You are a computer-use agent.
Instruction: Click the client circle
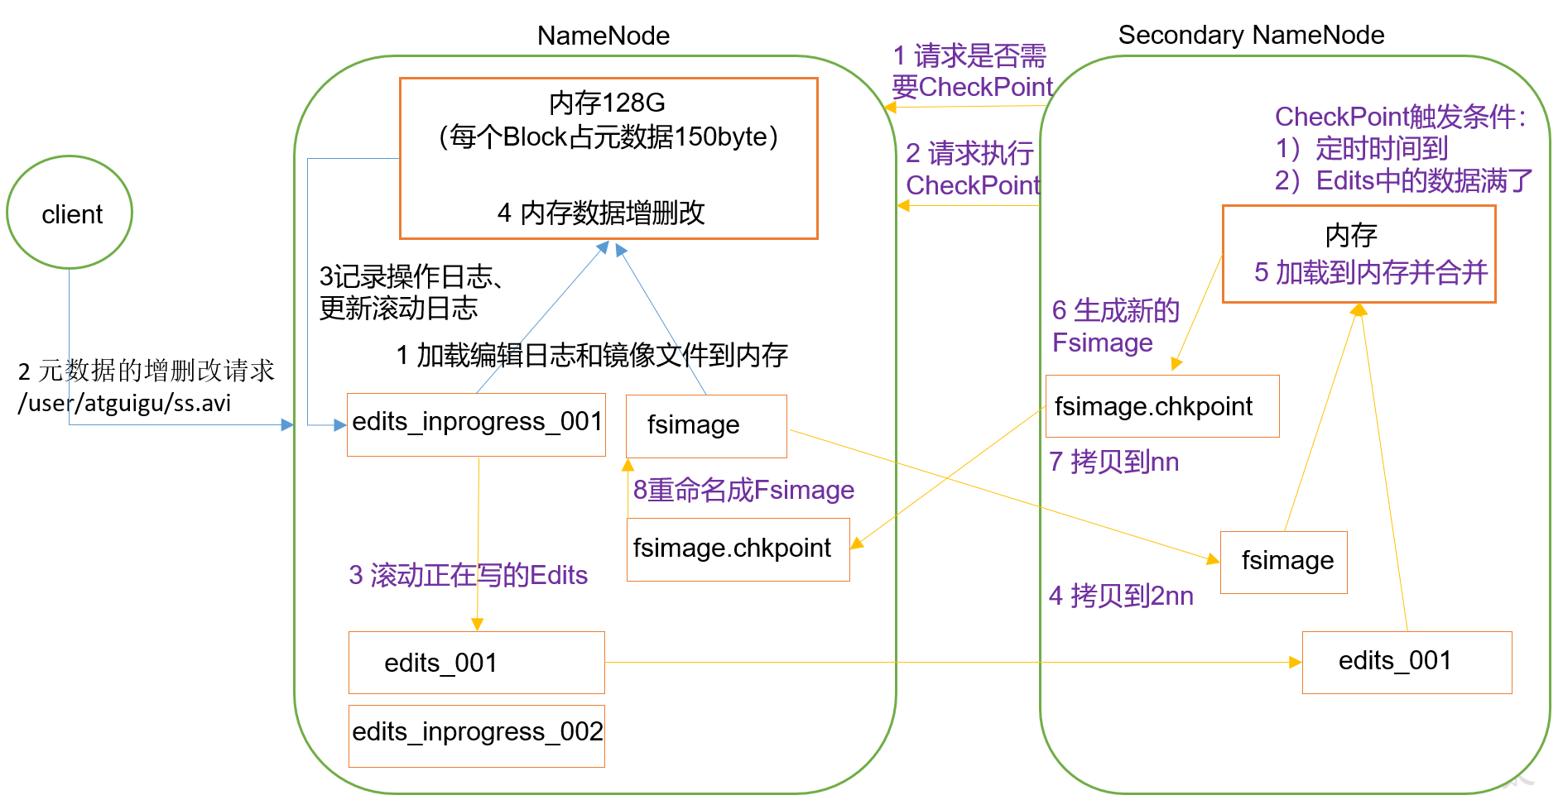point(70,213)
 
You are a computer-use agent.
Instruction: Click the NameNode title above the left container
point(603,36)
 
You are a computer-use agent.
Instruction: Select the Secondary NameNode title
point(1250,35)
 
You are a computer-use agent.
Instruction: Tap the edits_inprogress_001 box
point(476,424)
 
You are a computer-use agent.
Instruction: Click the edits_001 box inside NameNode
point(476,663)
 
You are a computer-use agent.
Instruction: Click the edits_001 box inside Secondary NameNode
point(1406,662)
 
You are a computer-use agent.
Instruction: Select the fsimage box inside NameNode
point(705,425)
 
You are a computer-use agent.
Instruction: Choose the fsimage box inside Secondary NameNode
point(1283,562)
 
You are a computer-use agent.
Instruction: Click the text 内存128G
point(607,103)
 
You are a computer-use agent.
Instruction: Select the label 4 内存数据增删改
point(600,213)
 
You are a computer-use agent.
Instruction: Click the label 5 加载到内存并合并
point(1370,272)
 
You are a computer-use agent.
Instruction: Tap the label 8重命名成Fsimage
point(743,490)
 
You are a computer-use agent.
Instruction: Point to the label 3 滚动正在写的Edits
point(468,575)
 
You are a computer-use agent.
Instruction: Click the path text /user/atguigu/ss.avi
point(124,404)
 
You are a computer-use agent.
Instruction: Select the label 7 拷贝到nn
point(1113,462)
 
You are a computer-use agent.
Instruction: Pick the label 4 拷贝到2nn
point(1121,596)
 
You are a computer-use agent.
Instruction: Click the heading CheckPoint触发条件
point(1399,117)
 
